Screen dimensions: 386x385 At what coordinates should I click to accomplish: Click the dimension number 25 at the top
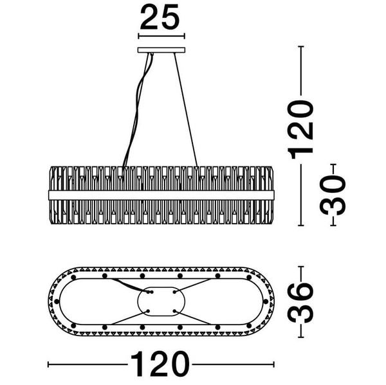[160, 17]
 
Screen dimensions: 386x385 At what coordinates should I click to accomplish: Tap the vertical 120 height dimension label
[301, 129]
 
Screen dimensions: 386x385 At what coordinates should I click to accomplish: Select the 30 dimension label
[333, 195]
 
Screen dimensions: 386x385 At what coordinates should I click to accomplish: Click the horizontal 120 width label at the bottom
[160, 364]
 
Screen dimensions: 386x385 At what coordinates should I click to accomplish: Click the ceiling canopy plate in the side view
[161, 50]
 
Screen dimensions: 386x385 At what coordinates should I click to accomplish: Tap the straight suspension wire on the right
[186, 109]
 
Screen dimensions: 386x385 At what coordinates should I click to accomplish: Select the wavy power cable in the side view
[137, 109]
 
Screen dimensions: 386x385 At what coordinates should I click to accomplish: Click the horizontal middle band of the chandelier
[161, 195]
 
